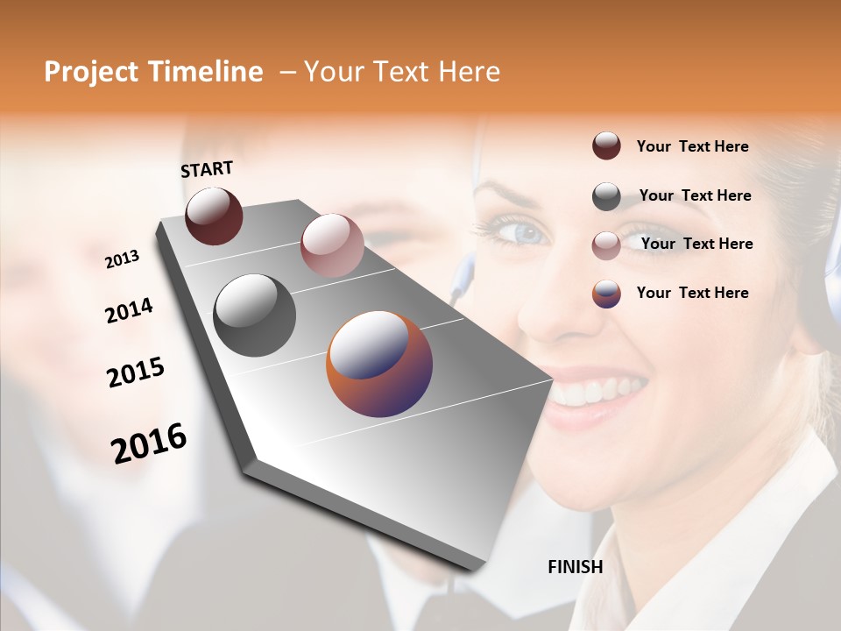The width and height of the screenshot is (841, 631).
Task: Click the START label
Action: [x=207, y=168]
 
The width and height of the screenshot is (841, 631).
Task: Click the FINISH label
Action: [x=575, y=567]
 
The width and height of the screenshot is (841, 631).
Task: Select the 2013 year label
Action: [x=122, y=259]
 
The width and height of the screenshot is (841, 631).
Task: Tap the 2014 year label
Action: [x=129, y=310]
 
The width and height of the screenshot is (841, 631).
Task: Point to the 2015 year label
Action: [x=136, y=372]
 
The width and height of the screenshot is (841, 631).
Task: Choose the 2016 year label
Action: [x=149, y=443]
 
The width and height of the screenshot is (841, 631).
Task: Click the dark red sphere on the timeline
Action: [x=214, y=216]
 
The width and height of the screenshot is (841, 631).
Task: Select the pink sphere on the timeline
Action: [x=331, y=245]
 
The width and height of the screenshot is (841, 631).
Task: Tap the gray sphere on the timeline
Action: [x=254, y=315]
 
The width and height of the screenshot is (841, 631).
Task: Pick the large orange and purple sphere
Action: [x=378, y=364]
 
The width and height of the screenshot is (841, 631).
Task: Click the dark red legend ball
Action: [x=606, y=146]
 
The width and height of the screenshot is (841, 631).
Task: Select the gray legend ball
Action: [x=606, y=196]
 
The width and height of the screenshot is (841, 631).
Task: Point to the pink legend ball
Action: [x=606, y=245]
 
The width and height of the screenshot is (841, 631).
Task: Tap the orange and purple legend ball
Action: [x=606, y=294]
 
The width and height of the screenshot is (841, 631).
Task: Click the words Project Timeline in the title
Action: [x=153, y=72]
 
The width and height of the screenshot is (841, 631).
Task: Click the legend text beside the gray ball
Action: [x=695, y=195]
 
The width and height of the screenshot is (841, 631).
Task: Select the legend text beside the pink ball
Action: [x=696, y=244]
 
